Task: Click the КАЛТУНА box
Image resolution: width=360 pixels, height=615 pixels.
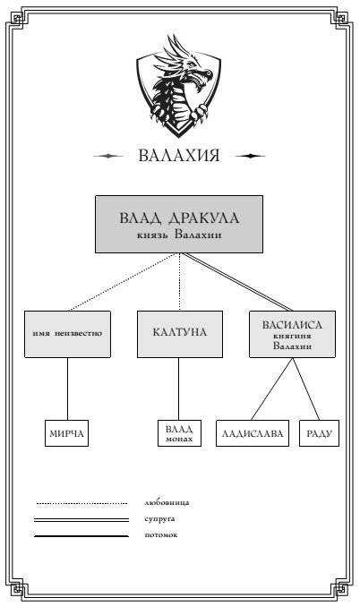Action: point(179,334)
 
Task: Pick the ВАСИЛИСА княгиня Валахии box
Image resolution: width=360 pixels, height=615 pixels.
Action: point(291,334)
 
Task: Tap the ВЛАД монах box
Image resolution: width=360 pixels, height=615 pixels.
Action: point(179,434)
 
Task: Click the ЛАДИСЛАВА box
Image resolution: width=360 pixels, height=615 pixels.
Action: point(253,434)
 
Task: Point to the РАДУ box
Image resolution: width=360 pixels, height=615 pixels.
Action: point(320,434)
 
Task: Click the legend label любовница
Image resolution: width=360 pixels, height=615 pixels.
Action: point(167,503)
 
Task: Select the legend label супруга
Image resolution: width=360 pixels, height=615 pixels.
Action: point(161,519)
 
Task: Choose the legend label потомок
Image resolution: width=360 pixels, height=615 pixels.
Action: point(161,535)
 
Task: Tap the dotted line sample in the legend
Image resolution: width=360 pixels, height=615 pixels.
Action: point(81,503)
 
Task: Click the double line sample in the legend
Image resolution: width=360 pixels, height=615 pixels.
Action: point(81,519)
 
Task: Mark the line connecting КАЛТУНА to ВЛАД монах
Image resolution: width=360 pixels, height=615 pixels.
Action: point(179,389)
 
